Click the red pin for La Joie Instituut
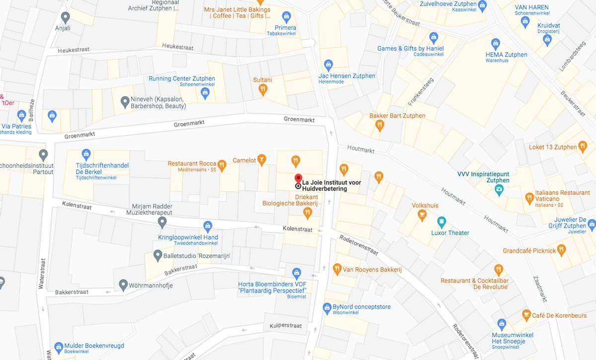298,179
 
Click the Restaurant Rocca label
192,164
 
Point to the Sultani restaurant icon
263,89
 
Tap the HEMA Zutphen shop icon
495,44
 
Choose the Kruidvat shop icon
547,41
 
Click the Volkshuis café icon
422,215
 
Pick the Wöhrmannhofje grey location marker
124,286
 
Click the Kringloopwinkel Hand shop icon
208,226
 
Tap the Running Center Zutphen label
182,78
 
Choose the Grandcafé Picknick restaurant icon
562,250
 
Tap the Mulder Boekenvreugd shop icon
59,346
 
